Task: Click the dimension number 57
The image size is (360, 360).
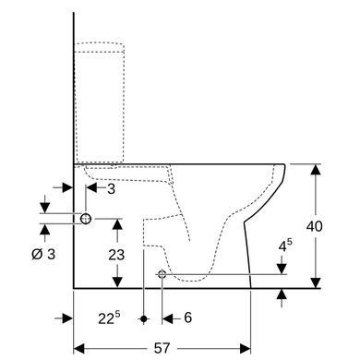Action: (162, 348)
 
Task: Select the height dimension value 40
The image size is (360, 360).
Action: (314, 226)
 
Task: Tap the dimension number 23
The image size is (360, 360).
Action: (116, 255)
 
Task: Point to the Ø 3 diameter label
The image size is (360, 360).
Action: (43, 254)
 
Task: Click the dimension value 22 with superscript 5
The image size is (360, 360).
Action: (109, 318)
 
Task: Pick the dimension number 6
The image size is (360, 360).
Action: (187, 318)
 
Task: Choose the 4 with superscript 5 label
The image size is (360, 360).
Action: (285, 246)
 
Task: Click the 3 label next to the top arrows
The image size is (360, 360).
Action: (111, 189)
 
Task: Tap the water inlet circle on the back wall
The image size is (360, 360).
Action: (86, 219)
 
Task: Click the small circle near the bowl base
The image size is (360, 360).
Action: (162, 274)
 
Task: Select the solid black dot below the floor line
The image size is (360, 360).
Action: (144, 318)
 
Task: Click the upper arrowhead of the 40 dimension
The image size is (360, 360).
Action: (316, 170)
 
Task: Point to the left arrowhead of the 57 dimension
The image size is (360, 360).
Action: (78, 349)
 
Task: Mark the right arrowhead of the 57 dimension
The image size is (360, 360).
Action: (246, 349)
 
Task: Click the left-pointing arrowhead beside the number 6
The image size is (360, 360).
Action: (167, 318)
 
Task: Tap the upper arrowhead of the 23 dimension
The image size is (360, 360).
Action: (117, 224)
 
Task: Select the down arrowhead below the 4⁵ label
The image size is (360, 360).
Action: (282, 269)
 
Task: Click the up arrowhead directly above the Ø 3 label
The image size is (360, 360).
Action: (45, 230)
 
